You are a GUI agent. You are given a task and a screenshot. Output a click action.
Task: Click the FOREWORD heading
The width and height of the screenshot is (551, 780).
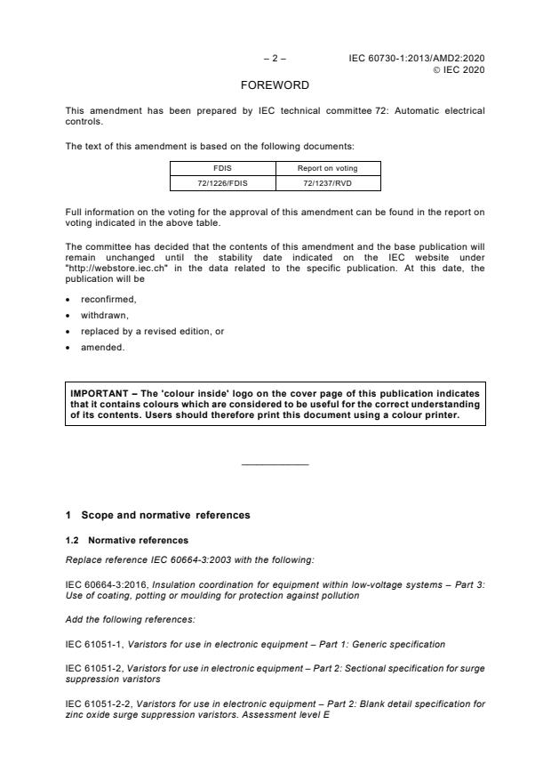coord(275,86)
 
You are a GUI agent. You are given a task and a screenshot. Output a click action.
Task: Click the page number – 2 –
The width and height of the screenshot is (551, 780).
coord(275,59)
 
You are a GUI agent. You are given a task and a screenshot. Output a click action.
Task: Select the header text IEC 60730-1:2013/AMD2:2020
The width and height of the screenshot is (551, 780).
coord(417,59)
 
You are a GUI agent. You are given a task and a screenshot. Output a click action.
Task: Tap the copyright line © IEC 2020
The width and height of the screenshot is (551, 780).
coord(459,69)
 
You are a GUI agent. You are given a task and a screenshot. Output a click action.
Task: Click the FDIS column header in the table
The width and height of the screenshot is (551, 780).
coord(223,167)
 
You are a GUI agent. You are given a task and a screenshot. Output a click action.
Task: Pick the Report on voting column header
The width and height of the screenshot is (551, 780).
coord(328,167)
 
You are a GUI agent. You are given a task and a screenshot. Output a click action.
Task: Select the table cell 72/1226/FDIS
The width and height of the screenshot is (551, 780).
coord(223,182)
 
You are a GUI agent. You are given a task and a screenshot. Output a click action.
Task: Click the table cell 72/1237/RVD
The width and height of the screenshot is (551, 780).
coord(328,182)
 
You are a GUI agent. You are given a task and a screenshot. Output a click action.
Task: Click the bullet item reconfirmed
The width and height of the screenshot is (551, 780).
coord(108,299)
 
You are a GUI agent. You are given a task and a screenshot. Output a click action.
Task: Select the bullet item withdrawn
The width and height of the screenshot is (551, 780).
coord(104,315)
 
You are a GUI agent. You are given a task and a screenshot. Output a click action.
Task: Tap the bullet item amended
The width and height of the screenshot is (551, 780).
coord(103,348)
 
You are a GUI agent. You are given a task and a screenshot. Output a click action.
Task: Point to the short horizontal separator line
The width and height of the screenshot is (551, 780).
coord(275,464)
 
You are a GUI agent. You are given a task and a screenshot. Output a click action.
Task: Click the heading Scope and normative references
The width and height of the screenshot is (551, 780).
coord(165,515)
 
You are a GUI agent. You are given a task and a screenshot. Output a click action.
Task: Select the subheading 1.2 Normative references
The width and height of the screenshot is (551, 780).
coord(126,540)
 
